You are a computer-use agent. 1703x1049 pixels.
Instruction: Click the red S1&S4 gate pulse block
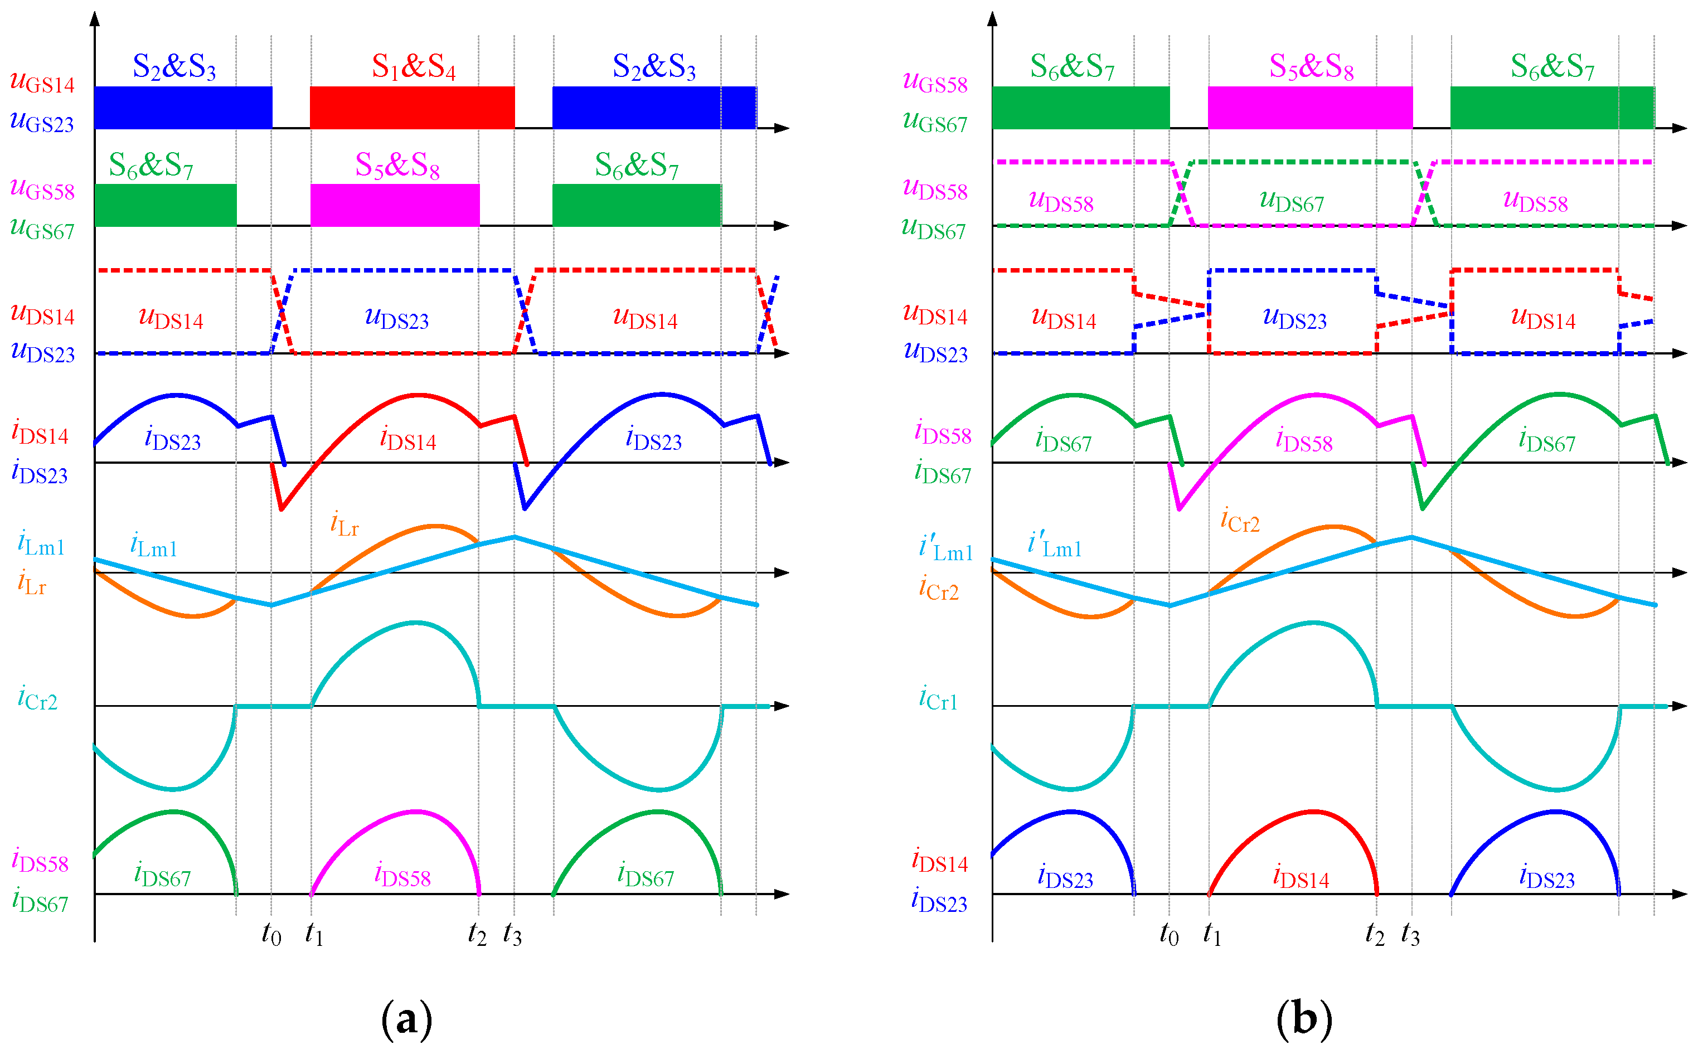[412, 108]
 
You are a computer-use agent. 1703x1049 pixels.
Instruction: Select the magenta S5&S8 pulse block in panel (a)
[395, 205]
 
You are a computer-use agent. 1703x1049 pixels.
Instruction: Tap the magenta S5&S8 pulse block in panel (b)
[1309, 108]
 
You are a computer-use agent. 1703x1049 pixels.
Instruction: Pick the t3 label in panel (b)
[1410, 935]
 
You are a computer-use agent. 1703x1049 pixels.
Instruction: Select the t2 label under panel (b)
[1374, 935]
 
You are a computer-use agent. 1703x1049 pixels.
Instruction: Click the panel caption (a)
[406, 1018]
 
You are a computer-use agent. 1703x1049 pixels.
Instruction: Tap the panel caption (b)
[1304, 1018]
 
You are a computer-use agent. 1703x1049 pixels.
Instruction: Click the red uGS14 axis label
[42, 82]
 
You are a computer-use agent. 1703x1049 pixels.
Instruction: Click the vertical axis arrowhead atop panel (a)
[95, 18]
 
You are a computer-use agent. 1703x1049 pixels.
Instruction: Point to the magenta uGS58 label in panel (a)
[42, 189]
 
